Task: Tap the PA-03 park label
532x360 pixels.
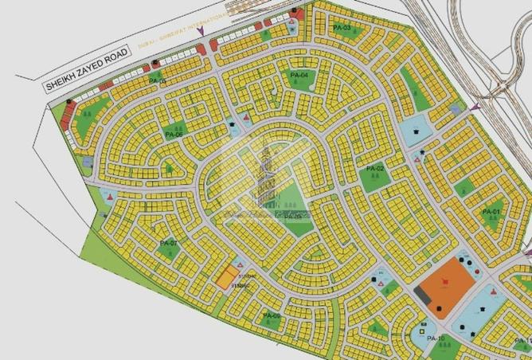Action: pos(342,29)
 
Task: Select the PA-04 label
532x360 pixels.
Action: pos(299,75)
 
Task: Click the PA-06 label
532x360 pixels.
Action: pos(174,135)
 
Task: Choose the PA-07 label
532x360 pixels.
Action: pos(167,242)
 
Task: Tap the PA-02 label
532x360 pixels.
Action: pos(375,170)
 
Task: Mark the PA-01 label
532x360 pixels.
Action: pos(491,212)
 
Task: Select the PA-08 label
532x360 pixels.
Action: pos(271,316)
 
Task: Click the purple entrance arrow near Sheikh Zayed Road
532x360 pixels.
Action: pos(201,31)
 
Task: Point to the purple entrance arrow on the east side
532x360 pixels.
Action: pos(474,107)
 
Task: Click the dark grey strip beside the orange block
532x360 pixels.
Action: pos(423,294)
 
